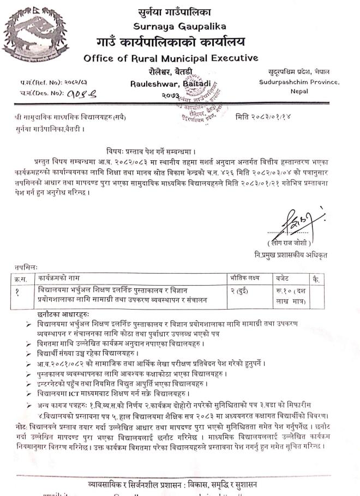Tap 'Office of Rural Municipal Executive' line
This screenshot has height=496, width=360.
tap(171, 58)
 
